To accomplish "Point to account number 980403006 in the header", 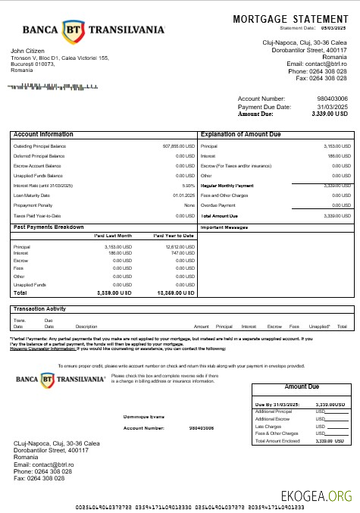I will pyautogui.click(x=332, y=99).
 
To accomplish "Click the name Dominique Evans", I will pyautogui.click(x=144, y=417).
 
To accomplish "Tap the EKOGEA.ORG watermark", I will pyautogui.click(x=316, y=496).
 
